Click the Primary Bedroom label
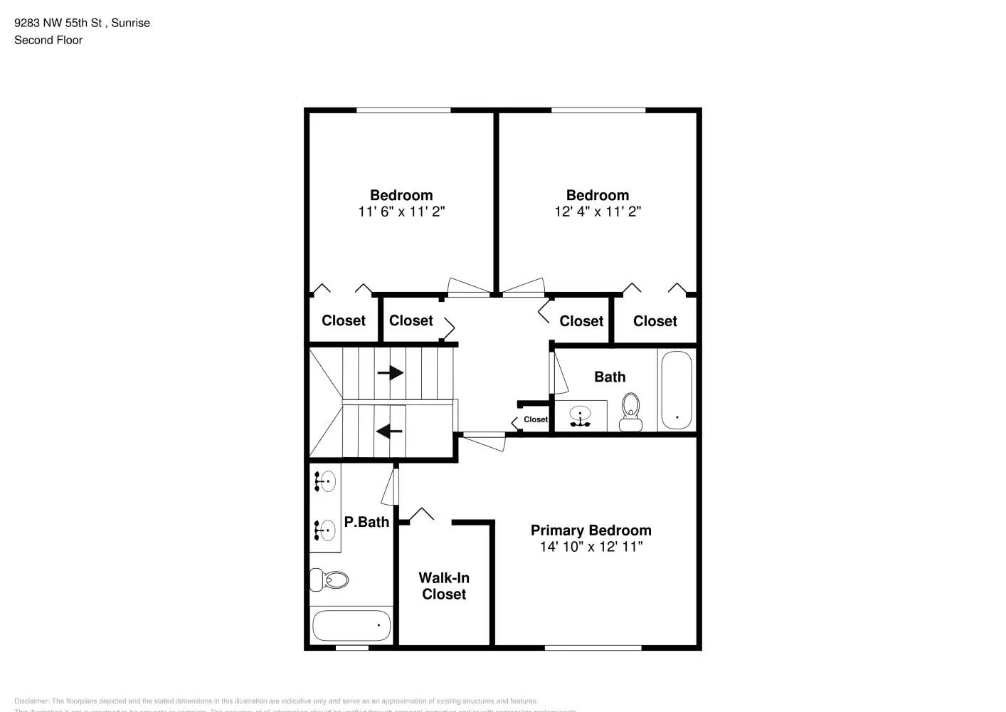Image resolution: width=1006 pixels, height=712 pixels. (591, 530)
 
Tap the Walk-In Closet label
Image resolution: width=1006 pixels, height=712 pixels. (444, 586)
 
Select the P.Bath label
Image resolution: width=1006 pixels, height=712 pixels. (366, 522)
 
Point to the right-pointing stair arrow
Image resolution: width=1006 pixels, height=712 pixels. (391, 372)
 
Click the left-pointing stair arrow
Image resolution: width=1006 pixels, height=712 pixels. (389, 431)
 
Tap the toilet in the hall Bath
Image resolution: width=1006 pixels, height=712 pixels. (630, 412)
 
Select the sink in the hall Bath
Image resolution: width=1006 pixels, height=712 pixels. (581, 417)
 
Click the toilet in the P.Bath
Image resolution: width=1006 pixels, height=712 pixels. (329, 580)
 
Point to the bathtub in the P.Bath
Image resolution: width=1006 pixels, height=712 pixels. (351, 626)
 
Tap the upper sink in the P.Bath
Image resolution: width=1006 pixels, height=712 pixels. (325, 482)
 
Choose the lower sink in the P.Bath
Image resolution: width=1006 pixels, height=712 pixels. (325, 530)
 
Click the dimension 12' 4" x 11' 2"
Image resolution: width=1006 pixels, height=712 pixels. (598, 211)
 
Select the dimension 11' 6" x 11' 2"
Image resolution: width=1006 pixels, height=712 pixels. (401, 211)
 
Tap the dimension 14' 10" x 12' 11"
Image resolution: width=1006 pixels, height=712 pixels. (591, 547)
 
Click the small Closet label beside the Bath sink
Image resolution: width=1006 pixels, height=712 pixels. (536, 419)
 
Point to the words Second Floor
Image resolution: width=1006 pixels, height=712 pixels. (48, 40)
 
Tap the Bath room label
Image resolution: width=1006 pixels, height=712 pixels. (610, 377)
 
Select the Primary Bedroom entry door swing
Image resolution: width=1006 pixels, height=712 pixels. (484, 441)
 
